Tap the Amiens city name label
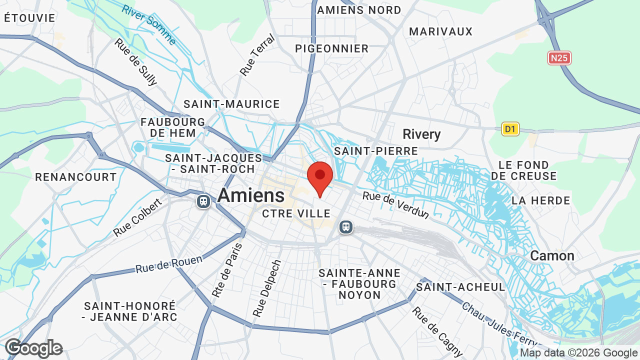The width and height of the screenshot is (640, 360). (251, 195)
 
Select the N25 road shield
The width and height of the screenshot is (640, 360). (559, 58)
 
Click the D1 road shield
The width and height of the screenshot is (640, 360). (510, 129)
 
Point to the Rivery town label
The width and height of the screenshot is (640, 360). (421, 134)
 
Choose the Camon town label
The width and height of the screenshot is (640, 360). (552, 256)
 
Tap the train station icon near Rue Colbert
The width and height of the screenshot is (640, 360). (203, 201)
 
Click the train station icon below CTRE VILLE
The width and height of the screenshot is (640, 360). (345, 227)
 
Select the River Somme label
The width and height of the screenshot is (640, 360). (148, 24)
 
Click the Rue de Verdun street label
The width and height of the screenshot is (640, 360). (396, 205)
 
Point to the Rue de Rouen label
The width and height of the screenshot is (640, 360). (169, 264)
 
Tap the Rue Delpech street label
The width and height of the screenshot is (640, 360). (267, 288)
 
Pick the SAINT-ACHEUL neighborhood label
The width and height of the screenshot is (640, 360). (460, 287)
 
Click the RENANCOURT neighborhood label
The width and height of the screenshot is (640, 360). (76, 177)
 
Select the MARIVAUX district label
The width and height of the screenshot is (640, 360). (440, 31)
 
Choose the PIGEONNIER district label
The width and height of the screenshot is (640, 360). (331, 48)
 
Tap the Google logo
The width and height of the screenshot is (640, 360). (33, 348)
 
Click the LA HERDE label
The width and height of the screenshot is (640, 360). (540, 200)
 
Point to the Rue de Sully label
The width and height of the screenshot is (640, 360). (135, 62)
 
